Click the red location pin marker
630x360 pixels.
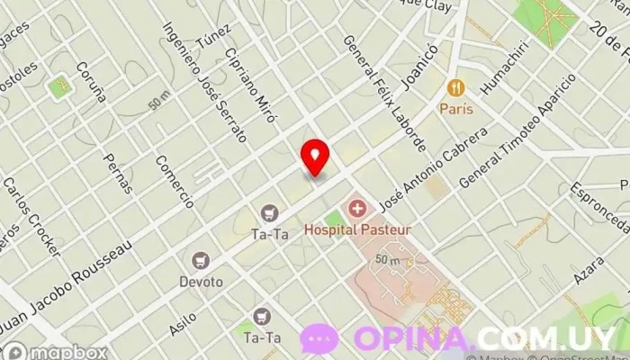[315, 157]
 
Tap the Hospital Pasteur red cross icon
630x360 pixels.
[357, 211]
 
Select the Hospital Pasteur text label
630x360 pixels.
[357, 229]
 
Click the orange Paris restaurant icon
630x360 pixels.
[456, 88]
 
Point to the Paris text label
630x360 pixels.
[456, 108]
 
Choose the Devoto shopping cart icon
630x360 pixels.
[200, 261]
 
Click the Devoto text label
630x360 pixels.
[200, 281]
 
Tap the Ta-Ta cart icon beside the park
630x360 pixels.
[268, 213]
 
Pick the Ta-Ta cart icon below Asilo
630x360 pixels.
[261, 316]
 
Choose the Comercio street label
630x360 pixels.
[174, 181]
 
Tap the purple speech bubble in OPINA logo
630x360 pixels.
[319, 339]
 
